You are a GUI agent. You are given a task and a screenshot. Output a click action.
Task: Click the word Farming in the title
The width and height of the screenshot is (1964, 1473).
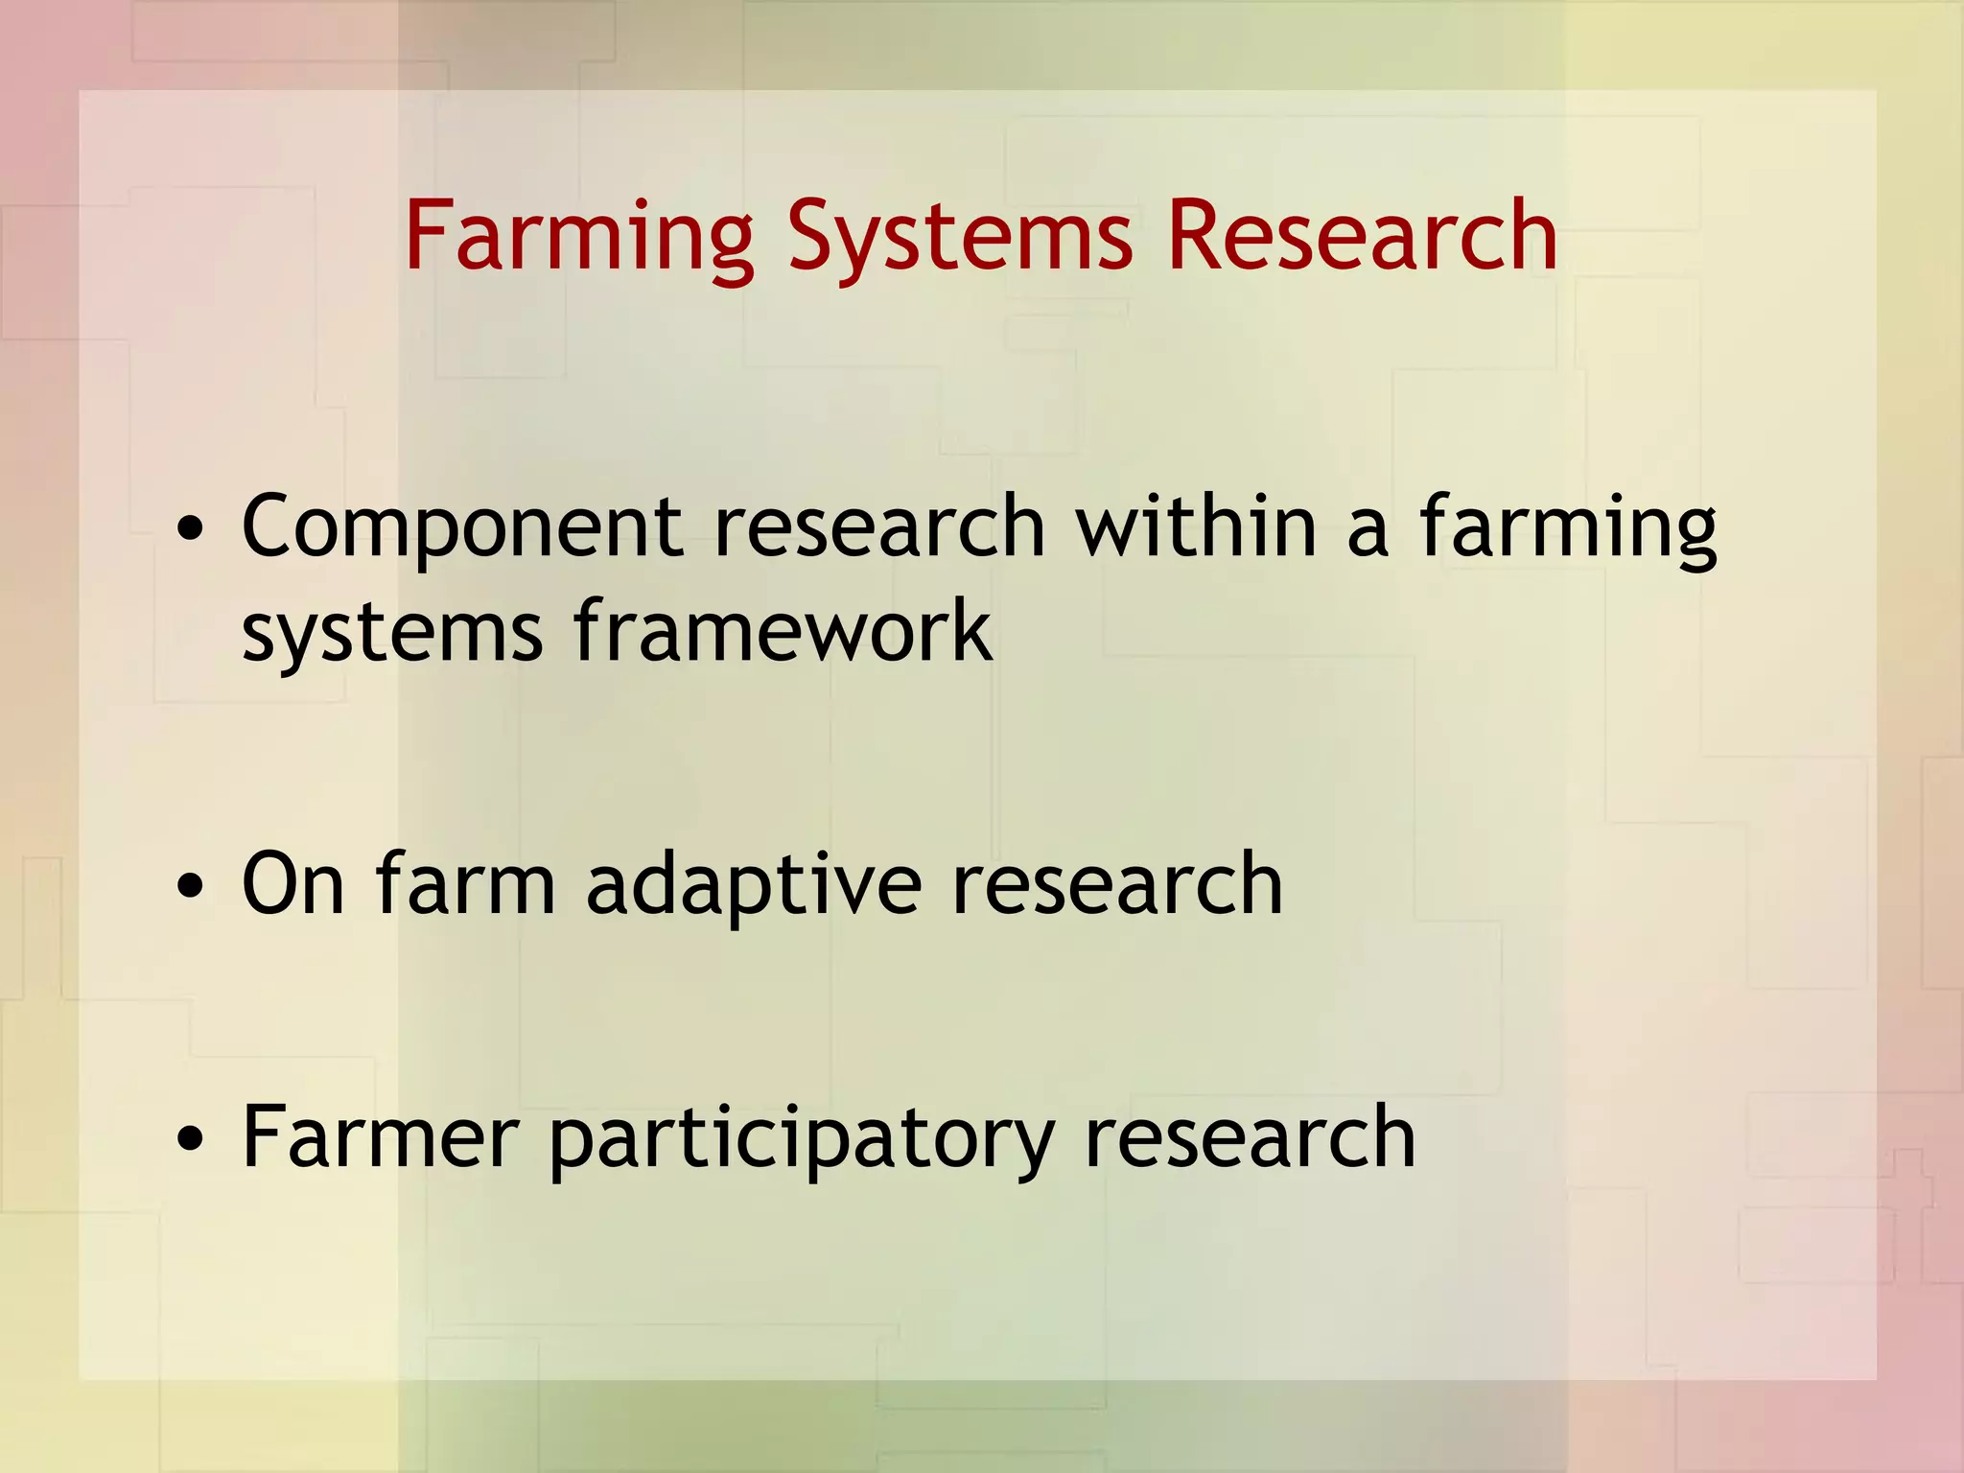[579, 236]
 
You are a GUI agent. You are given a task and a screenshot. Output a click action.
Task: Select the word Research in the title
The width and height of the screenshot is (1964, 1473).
[1362, 236]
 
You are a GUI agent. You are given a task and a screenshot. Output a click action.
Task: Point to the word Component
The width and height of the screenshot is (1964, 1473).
[462, 526]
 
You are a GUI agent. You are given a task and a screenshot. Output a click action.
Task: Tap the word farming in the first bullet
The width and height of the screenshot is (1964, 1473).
[1568, 526]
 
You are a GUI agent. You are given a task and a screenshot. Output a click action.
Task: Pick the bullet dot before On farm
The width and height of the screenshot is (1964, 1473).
[191, 887]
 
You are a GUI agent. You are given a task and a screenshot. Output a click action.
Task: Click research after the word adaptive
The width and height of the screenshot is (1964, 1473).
[1117, 883]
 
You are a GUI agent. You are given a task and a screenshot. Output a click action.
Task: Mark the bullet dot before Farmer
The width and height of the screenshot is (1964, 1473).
[191, 1139]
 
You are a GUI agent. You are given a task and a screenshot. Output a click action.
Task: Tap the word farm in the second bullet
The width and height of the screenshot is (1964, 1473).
[466, 883]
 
